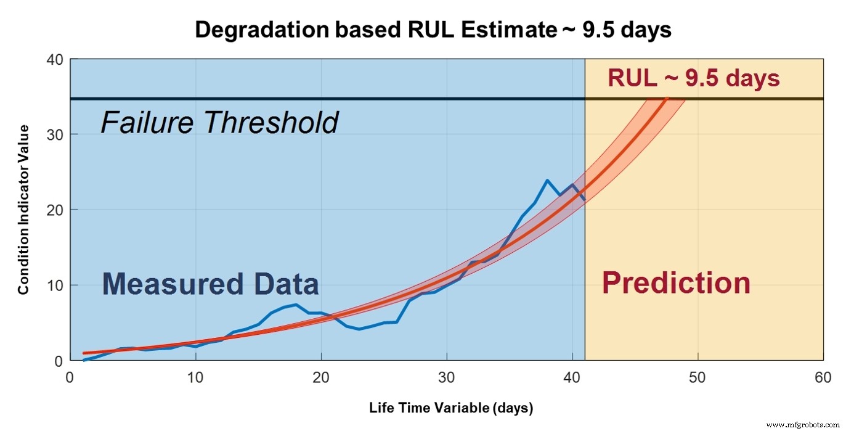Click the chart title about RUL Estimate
433,30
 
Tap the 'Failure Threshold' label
219,123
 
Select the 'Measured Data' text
210,284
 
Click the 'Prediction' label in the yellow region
676,283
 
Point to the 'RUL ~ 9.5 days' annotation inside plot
694,79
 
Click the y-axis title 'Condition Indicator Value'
23,210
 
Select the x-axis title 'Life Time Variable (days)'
451,408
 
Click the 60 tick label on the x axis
823,377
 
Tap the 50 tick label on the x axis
698,377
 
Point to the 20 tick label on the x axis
321,377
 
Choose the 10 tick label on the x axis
195,377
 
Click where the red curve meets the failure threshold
667,99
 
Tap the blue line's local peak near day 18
296,305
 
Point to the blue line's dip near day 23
359,329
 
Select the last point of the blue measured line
584,201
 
